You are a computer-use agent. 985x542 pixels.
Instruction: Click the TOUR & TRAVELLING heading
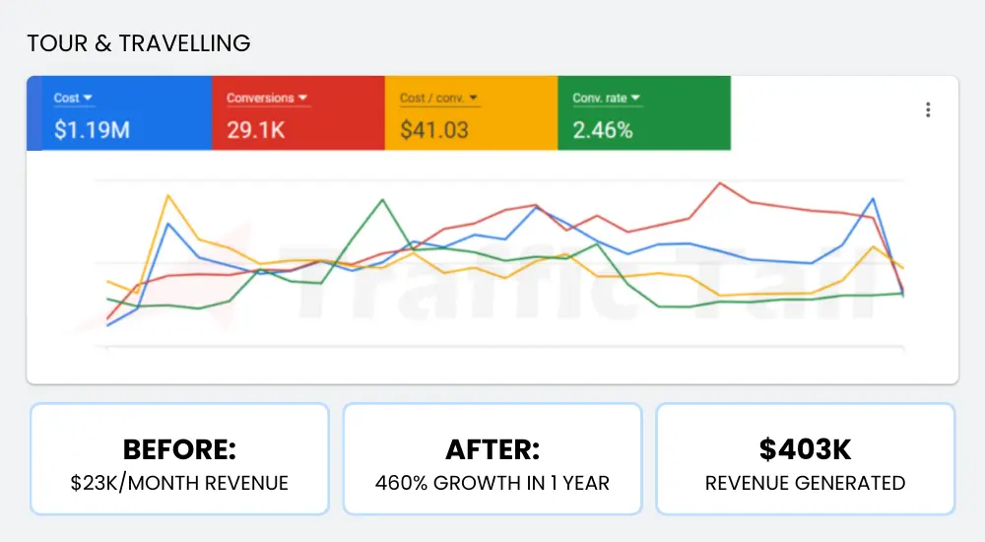[138, 43]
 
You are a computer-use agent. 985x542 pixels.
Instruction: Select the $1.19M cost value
[92, 129]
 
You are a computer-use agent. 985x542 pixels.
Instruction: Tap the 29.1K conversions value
[255, 129]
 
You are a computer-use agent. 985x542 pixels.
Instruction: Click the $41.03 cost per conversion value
[434, 129]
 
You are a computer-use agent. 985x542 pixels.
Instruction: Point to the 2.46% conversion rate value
[603, 129]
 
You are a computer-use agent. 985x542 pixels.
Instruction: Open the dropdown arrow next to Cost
[88, 99]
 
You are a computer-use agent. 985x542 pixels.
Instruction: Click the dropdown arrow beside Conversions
[303, 99]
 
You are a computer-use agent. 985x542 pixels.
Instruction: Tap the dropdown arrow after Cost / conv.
[474, 99]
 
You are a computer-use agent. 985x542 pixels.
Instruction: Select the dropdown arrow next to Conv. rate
[635, 99]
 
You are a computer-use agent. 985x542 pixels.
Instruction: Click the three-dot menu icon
[928, 110]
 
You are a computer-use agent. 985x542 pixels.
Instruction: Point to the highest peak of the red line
[721, 183]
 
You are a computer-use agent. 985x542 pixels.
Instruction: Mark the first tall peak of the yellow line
[168, 195]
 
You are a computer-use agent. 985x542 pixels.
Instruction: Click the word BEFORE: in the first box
[179, 450]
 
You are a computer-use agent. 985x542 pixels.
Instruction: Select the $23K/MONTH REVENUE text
[179, 483]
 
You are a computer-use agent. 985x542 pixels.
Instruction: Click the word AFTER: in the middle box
[492, 450]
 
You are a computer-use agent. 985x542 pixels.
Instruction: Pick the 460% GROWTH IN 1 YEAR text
[492, 483]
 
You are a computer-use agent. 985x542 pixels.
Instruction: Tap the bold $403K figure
[805, 450]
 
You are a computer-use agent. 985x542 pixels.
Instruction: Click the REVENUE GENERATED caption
[805, 483]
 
